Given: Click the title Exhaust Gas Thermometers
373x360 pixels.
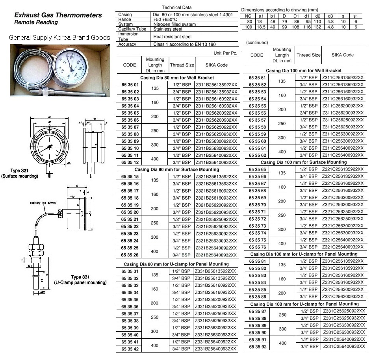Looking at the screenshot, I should point(58,15).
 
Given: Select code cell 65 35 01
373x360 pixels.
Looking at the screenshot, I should point(130,85).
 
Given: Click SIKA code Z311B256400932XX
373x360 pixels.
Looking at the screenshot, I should point(217,162).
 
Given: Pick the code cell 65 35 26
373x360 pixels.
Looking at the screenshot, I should point(130,255).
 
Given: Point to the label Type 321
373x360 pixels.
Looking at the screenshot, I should point(20,171).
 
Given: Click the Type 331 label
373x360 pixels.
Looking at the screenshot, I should point(80,277).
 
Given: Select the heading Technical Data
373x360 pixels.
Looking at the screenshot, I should point(177,7).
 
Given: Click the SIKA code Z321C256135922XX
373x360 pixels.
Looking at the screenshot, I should point(343,169).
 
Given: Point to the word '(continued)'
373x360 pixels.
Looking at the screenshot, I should point(256,42).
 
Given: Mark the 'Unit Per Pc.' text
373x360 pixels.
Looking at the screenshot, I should point(225,53).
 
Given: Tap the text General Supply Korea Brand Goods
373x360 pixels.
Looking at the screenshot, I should point(59,38).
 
